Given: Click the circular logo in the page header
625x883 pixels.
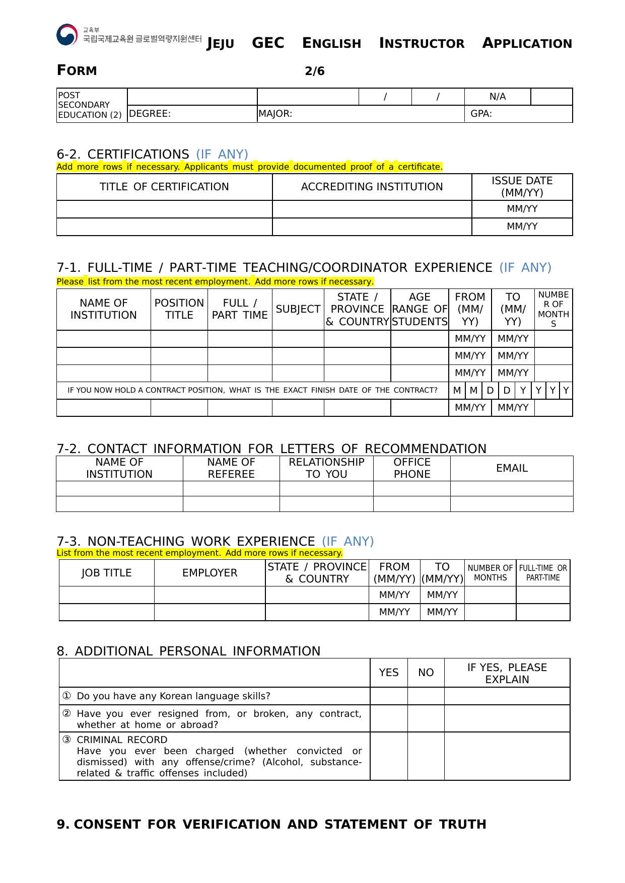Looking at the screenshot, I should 67,35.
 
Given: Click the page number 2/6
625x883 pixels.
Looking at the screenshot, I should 314,71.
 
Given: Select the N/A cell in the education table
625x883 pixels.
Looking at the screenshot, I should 497,97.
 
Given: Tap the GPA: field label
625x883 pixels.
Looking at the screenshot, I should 481,114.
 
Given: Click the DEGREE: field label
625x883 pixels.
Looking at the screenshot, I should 150,114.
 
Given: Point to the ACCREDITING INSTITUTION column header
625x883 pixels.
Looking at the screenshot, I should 372,187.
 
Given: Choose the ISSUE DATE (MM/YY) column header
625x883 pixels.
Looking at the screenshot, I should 522,187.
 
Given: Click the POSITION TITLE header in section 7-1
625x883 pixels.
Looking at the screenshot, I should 179,309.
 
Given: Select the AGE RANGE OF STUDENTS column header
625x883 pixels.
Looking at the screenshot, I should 420,309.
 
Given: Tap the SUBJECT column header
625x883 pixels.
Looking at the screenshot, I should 298,309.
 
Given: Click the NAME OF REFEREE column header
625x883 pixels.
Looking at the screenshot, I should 231,468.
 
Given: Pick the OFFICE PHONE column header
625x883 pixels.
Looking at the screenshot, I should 411,468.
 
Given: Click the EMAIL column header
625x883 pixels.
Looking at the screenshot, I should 512,468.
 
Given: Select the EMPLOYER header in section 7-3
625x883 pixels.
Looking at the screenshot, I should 210,573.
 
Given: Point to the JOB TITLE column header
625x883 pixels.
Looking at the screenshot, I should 106,573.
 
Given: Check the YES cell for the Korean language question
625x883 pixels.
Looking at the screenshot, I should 388,696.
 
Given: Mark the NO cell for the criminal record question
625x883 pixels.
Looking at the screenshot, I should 426,756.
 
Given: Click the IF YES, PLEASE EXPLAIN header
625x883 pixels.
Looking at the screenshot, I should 507,673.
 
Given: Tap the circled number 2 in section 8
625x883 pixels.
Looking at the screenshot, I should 66,713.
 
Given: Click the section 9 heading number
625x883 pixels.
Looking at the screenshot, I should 63,824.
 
